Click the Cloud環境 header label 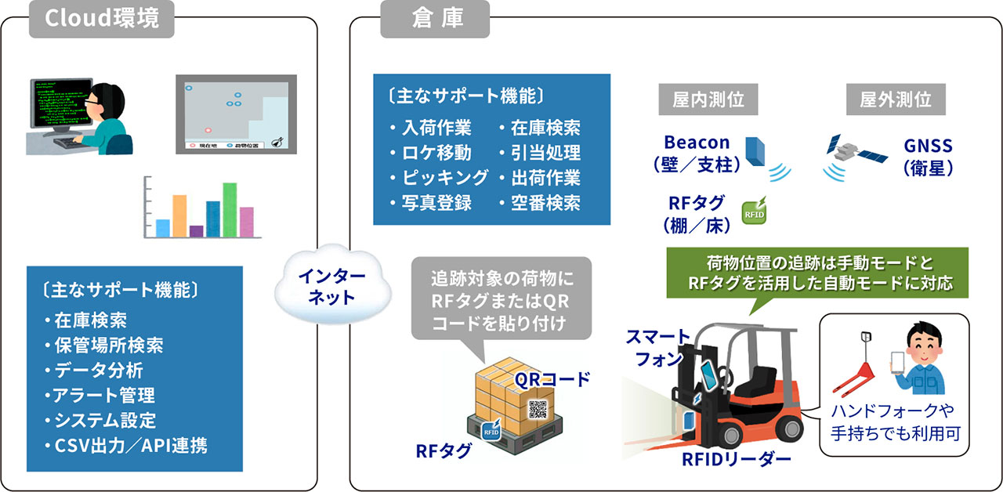[102, 19]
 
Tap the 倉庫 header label [436, 19]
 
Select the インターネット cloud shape [326, 287]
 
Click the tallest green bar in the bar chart [230, 209]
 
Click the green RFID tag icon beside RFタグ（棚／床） [754, 211]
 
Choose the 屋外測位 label [896, 99]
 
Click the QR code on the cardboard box [539, 409]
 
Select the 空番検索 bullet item [541, 202]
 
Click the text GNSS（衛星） [928, 156]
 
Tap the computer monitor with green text [56, 102]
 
